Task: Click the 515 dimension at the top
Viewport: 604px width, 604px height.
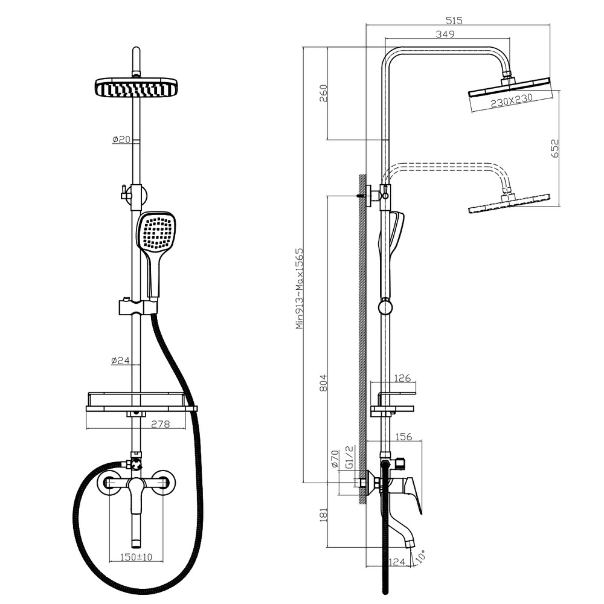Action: point(454,20)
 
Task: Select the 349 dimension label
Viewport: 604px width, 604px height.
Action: point(445,34)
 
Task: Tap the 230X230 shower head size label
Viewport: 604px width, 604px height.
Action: point(512,100)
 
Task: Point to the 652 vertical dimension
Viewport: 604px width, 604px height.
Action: point(554,148)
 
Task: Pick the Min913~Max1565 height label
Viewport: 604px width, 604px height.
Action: point(300,289)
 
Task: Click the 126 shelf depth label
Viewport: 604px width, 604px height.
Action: point(403,378)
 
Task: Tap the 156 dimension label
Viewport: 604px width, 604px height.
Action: point(403,437)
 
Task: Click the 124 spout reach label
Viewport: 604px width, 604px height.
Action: point(397,562)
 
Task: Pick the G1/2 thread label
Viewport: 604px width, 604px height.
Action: point(349,457)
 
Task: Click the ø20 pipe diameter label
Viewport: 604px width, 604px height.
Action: point(121,139)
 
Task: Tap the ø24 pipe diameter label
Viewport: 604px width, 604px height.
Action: point(120,361)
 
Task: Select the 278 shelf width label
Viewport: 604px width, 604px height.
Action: point(160,424)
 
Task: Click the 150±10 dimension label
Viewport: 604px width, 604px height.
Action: point(136,557)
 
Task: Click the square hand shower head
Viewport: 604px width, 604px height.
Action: point(157,233)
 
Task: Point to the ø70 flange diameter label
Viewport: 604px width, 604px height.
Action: point(335,458)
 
